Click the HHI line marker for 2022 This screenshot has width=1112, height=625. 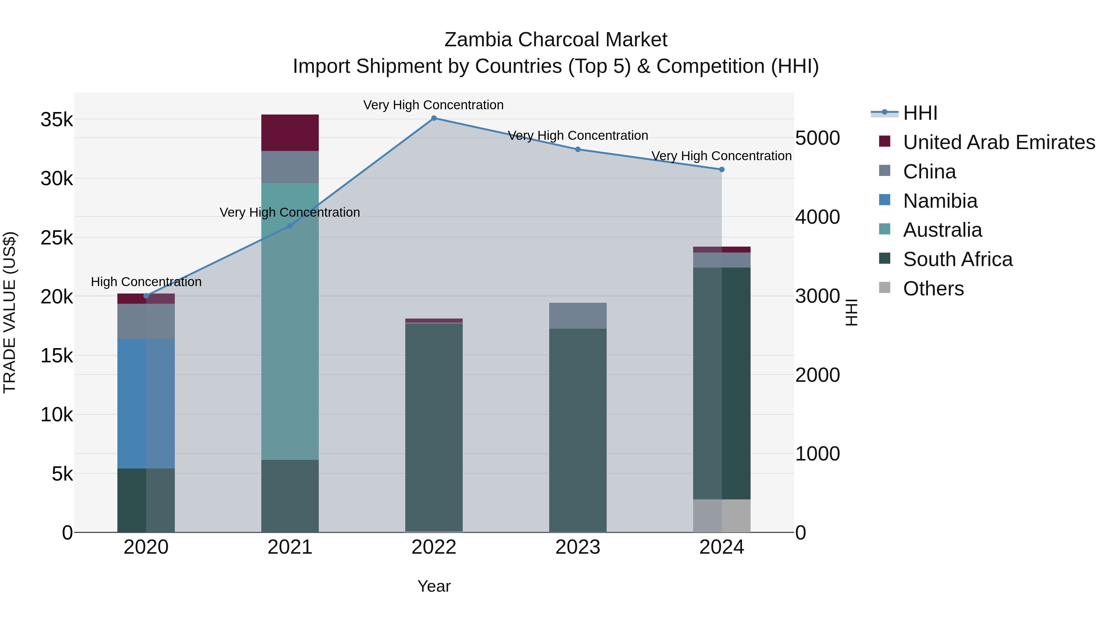point(434,118)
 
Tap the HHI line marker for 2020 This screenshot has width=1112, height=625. point(146,296)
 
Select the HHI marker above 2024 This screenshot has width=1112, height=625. point(722,169)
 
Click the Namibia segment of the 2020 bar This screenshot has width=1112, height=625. point(146,403)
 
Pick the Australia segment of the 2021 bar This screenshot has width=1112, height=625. point(290,321)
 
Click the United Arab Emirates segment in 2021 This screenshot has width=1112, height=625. point(290,132)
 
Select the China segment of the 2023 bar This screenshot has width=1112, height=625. point(578,316)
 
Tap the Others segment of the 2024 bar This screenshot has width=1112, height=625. point(722,516)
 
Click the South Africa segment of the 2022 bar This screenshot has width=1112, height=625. point(434,427)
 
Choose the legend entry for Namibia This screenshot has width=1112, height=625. point(940,201)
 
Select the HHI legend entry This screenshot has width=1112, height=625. point(920,113)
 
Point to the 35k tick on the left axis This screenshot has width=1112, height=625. point(57,120)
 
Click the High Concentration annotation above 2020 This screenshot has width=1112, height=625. point(146,282)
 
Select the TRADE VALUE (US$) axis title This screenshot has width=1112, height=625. point(10,312)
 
